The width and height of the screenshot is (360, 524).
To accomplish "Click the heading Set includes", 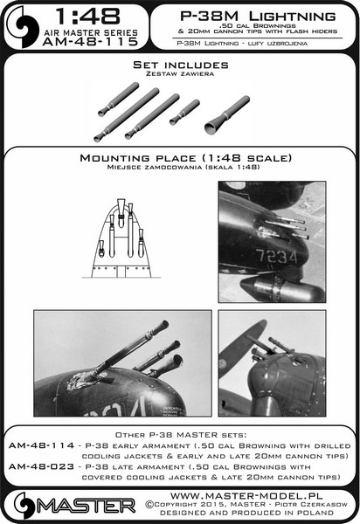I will (179, 65).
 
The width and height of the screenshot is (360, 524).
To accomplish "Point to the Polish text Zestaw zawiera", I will (179, 76).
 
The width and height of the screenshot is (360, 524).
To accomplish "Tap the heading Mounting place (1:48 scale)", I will (180, 158).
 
